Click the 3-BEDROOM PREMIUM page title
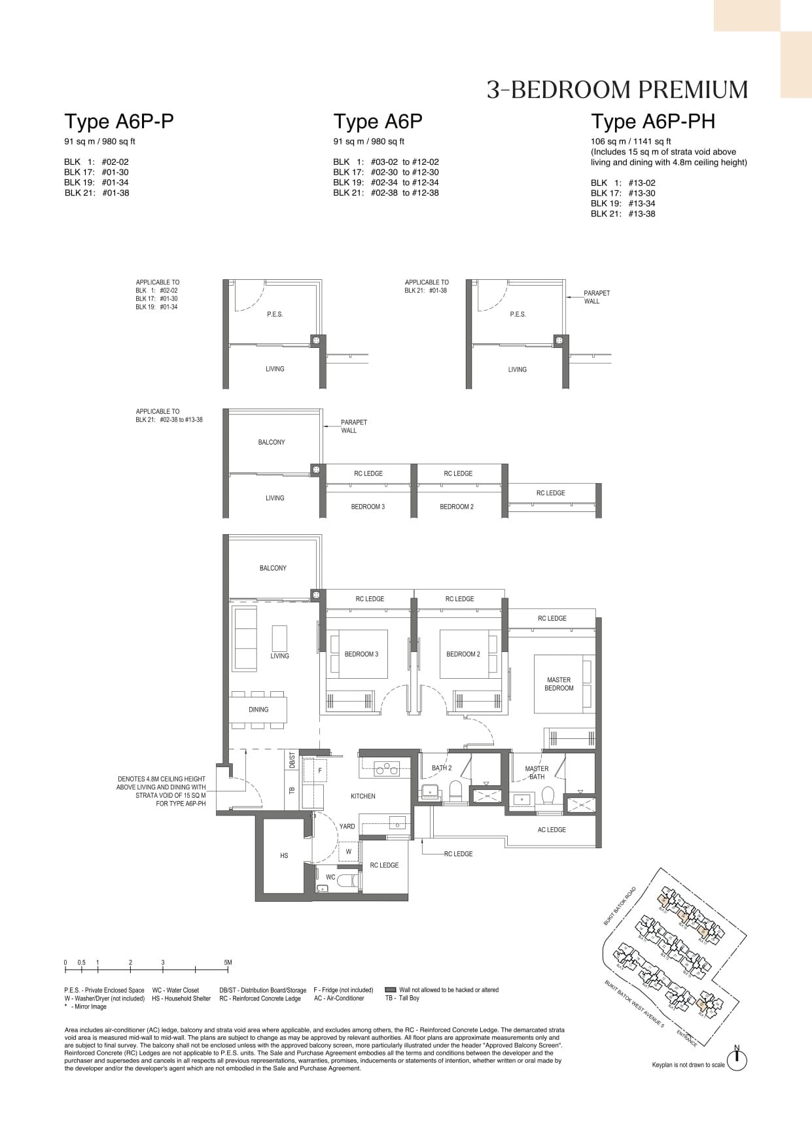pyautogui.click(x=617, y=90)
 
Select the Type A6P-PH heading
pyautogui.click(x=653, y=122)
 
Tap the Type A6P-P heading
pyautogui.click(x=118, y=122)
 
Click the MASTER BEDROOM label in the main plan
pyautogui.click(x=559, y=684)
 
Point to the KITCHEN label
pyautogui.click(x=363, y=796)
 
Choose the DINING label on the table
pyautogui.click(x=258, y=710)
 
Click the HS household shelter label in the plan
pyautogui.click(x=284, y=855)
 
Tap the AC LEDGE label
pyautogui.click(x=552, y=830)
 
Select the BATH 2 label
pyautogui.click(x=442, y=768)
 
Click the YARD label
pyautogui.click(x=347, y=827)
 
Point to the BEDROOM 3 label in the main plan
pyautogui.click(x=361, y=654)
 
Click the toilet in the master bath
pyautogui.click(x=548, y=795)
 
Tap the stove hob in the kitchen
pyautogui.click(x=387, y=769)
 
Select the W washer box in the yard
pyautogui.click(x=349, y=851)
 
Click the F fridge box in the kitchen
pyautogui.click(x=320, y=771)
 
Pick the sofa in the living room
pyautogui.click(x=245, y=638)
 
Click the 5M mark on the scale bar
pyautogui.click(x=227, y=963)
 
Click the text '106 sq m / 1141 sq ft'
pyautogui.click(x=630, y=141)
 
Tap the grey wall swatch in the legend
pyautogui.click(x=391, y=990)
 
